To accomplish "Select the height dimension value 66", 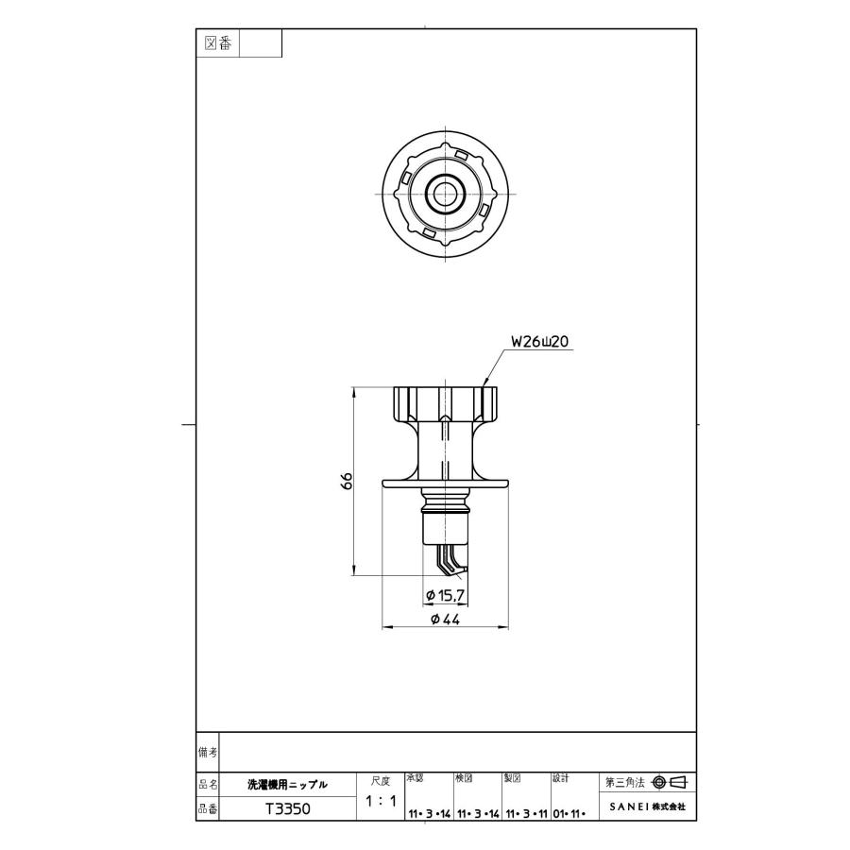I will [348, 480].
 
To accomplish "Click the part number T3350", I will [287, 809].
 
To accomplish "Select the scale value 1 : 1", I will [380, 802].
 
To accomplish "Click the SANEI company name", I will [641, 808].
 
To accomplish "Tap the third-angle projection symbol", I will [669, 782].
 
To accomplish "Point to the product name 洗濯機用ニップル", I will [287, 784].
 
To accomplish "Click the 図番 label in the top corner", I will [218, 43].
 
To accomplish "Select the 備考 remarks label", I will [207, 752].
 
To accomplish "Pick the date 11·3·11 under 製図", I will [525, 812].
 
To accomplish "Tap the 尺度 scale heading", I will [380, 781].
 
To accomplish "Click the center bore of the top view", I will [444, 195].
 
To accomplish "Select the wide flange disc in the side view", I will [444, 485].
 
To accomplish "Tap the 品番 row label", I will [207, 808].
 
